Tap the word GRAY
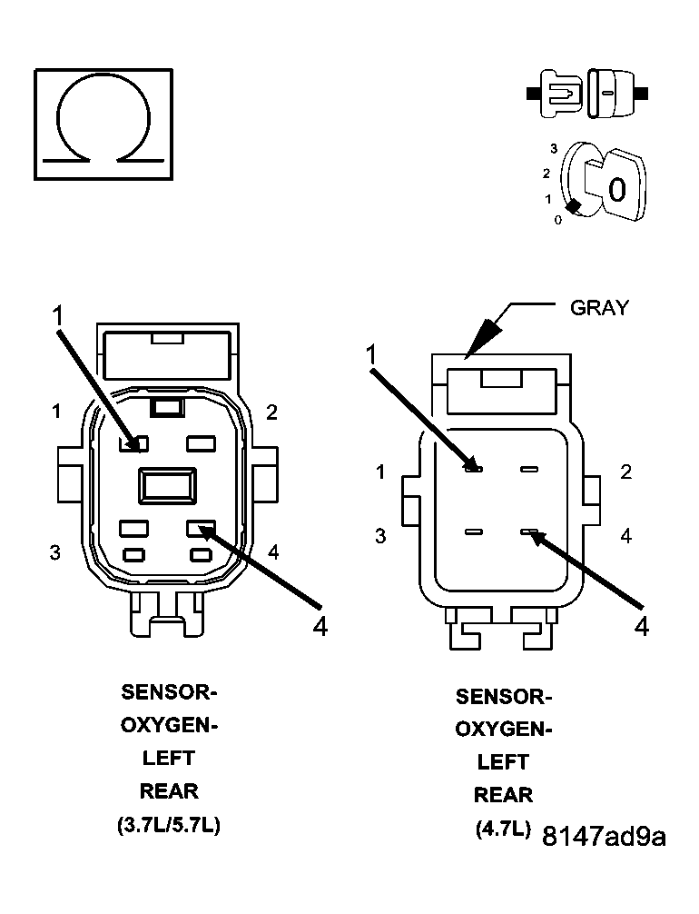598,308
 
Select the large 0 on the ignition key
616,190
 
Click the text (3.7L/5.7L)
169,826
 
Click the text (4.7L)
502,830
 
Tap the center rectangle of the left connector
167,485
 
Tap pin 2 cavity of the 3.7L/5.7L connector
200,443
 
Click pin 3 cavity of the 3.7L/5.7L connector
133,527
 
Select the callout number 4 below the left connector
320,627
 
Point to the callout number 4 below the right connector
642,626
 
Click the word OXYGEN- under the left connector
169,726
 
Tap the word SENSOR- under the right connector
503,697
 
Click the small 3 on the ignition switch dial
552,147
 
